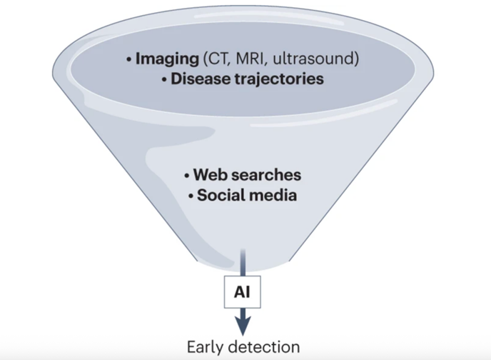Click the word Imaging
tap(167, 59)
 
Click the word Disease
tap(201, 79)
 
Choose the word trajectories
tap(279, 79)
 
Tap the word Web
tap(211, 175)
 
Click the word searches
tap(267, 175)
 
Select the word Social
tap(220, 195)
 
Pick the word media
tap(271, 195)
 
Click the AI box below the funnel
tap(243, 292)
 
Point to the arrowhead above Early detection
tap(243, 326)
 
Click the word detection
tap(264, 347)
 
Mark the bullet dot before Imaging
tap(128, 59)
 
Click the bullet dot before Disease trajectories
tap(164, 79)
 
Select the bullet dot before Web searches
tap(187, 176)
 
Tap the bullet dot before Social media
tap(191, 196)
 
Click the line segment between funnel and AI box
tap(243, 263)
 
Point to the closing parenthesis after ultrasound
tap(357, 59)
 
